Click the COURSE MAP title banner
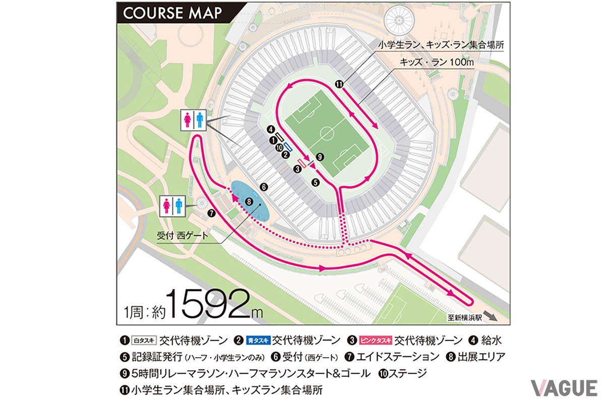pos(172,13)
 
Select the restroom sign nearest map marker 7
pos(173,205)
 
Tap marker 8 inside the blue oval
pos(248,201)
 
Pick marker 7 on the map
pos(211,213)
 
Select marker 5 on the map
pos(315,182)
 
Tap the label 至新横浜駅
pos(464,318)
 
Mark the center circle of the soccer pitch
pos(327,134)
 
